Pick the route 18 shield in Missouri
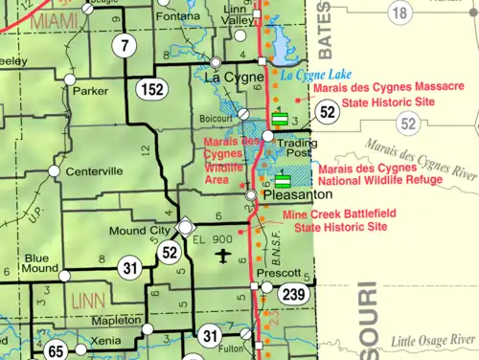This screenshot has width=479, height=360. point(399,11)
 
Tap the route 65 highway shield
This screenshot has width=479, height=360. point(57,351)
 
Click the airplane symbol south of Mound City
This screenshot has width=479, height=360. point(224,255)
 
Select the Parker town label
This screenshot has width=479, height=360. point(91,92)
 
